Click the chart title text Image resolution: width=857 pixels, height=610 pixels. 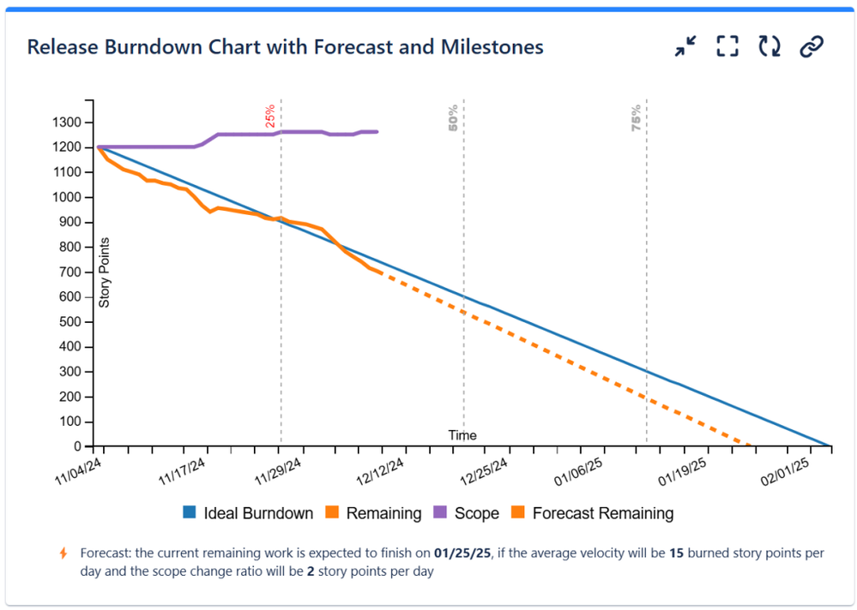pyautogui.click(x=285, y=47)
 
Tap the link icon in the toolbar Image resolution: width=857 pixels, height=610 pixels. pyautogui.click(x=811, y=47)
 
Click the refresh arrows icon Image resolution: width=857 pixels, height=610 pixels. pyautogui.click(x=769, y=47)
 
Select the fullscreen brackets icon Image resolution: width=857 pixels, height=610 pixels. pyautogui.click(x=727, y=47)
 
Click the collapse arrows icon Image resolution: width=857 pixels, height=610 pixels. pyautogui.click(x=685, y=47)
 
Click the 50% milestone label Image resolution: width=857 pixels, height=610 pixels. pyautogui.click(x=454, y=117)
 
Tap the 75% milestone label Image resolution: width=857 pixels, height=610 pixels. pyautogui.click(x=637, y=117)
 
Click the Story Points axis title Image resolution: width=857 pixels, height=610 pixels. pyautogui.click(x=105, y=272)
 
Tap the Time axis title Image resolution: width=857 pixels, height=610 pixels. pyautogui.click(x=462, y=435)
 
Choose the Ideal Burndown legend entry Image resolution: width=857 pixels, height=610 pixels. pyautogui.click(x=249, y=514)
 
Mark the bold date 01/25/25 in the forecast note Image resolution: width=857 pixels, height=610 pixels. pyautogui.click(x=462, y=553)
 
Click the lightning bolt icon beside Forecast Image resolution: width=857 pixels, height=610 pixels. pyautogui.click(x=63, y=553)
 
